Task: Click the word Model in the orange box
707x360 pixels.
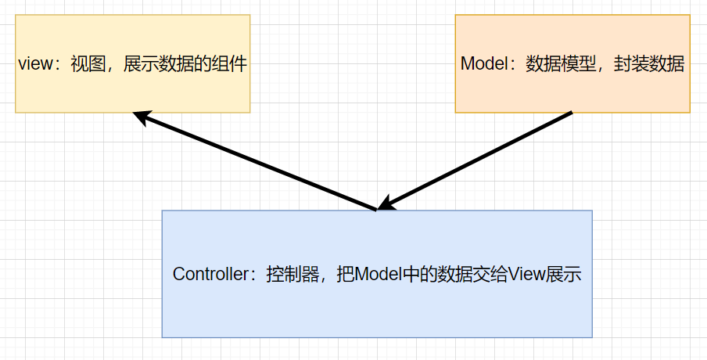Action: (483, 65)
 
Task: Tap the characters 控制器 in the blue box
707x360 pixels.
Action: (292, 275)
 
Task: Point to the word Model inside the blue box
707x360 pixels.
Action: (378, 275)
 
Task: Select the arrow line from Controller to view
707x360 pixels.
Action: (258, 162)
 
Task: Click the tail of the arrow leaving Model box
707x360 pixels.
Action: (570, 113)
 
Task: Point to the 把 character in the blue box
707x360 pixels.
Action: (345, 275)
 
